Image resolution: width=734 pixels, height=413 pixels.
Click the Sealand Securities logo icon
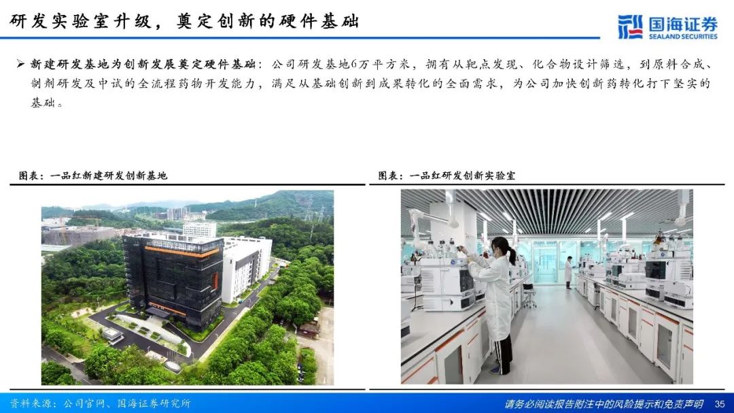pyautogui.click(x=630, y=27)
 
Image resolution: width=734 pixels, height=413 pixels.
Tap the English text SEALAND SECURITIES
pyautogui.click(x=683, y=36)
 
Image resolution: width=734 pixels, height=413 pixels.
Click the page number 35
pyautogui.click(x=720, y=403)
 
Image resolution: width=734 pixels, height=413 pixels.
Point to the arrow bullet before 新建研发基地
pyautogui.click(x=20, y=64)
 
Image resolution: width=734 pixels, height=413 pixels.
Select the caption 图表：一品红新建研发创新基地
pyautogui.click(x=92, y=176)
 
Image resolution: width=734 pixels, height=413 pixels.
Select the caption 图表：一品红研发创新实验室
pyautogui.click(x=447, y=176)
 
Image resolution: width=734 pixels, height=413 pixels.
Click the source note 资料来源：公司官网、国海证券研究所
pyautogui.click(x=100, y=403)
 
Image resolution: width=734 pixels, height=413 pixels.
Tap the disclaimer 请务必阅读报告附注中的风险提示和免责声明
pyautogui.click(x=604, y=403)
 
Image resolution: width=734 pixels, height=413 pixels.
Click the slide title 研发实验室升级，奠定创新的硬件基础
pyautogui.click(x=184, y=21)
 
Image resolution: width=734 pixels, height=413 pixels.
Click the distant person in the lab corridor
pyautogui.click(x=568, y=272)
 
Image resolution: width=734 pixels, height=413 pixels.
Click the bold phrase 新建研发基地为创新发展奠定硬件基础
pyautogui.click(x=142, y=64)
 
